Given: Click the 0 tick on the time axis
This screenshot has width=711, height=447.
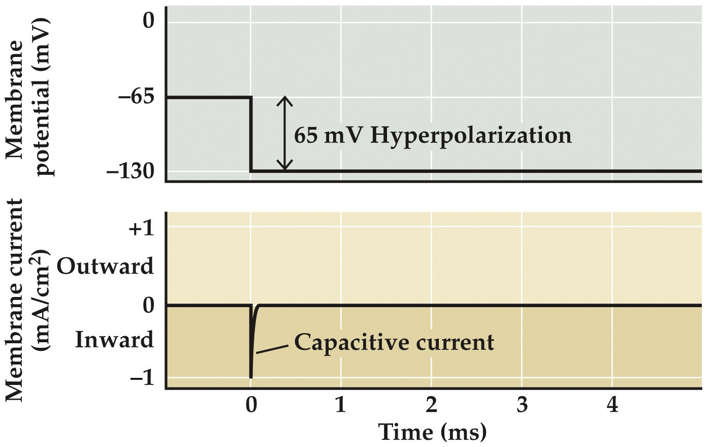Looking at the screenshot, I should (250, 406).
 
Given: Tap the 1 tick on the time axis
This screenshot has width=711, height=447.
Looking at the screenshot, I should (341, 406).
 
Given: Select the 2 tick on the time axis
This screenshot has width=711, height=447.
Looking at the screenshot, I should (431, 406).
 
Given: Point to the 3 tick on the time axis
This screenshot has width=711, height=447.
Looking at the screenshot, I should (522, 406).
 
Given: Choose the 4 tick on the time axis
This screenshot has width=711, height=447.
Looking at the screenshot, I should (612, 406).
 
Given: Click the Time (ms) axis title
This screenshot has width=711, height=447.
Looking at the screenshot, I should (433, 432).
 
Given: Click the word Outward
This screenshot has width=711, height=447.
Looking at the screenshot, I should (105, 266).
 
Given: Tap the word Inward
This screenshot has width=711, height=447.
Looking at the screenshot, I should (114, 340).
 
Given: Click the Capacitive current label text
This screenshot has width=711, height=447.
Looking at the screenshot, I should (394, 342).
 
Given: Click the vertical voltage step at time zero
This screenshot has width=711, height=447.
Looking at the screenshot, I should (250, 135).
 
